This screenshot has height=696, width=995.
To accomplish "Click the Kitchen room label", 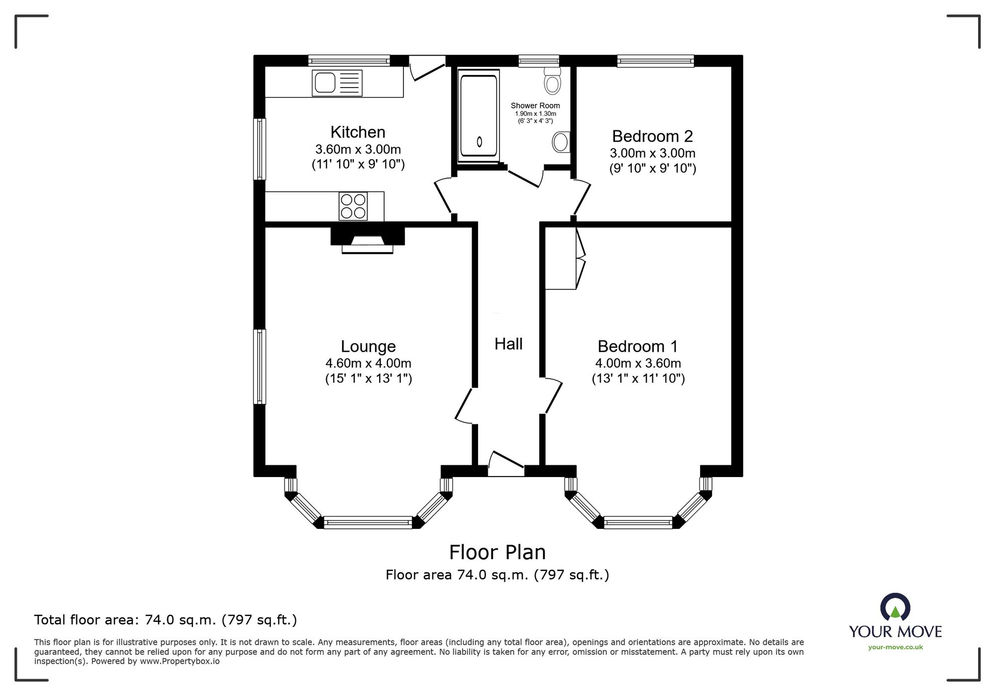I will click(x=358, y=132).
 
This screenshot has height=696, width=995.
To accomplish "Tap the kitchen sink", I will click(x=337, y=83).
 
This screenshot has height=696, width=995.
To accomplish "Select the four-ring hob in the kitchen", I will click(x=353, y=206).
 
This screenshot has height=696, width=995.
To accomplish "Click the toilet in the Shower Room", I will click(x=552, y=81).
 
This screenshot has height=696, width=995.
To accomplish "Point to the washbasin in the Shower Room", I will click(x=561, y=142).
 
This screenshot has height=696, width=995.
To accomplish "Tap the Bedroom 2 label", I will click(x=652, y=136).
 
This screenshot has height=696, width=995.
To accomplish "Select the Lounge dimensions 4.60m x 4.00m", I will click(x=368, y=364).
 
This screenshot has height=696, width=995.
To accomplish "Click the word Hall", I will click(x=508, y=344).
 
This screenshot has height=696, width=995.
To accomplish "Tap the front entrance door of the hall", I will click(x=506, y=464).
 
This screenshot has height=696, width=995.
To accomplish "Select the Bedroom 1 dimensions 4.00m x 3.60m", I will click(x=638, y=364).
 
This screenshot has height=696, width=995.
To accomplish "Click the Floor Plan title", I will click(x=497, y=552).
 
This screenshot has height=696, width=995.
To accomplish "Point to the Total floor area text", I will click(x=165, y=620).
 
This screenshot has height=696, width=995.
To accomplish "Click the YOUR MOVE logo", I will click(x=895, y=617).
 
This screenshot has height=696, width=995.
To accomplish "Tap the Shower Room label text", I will click(x=535, y=105).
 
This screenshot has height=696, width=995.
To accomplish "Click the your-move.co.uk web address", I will click(x=895, y=647).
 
